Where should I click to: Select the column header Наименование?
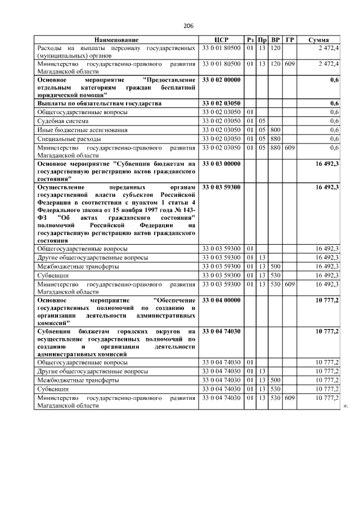[116, 40]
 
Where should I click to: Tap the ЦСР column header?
[220, 40]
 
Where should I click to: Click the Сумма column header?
[318, 40]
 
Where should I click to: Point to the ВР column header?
[276, 40]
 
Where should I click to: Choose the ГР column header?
[289, 40]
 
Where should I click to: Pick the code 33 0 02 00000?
[221, 80]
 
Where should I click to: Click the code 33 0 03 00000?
[221, 164]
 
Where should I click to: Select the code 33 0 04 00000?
[221, 301]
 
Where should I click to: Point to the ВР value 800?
[276, 130]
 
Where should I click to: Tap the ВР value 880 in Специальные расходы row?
[276, 138]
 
